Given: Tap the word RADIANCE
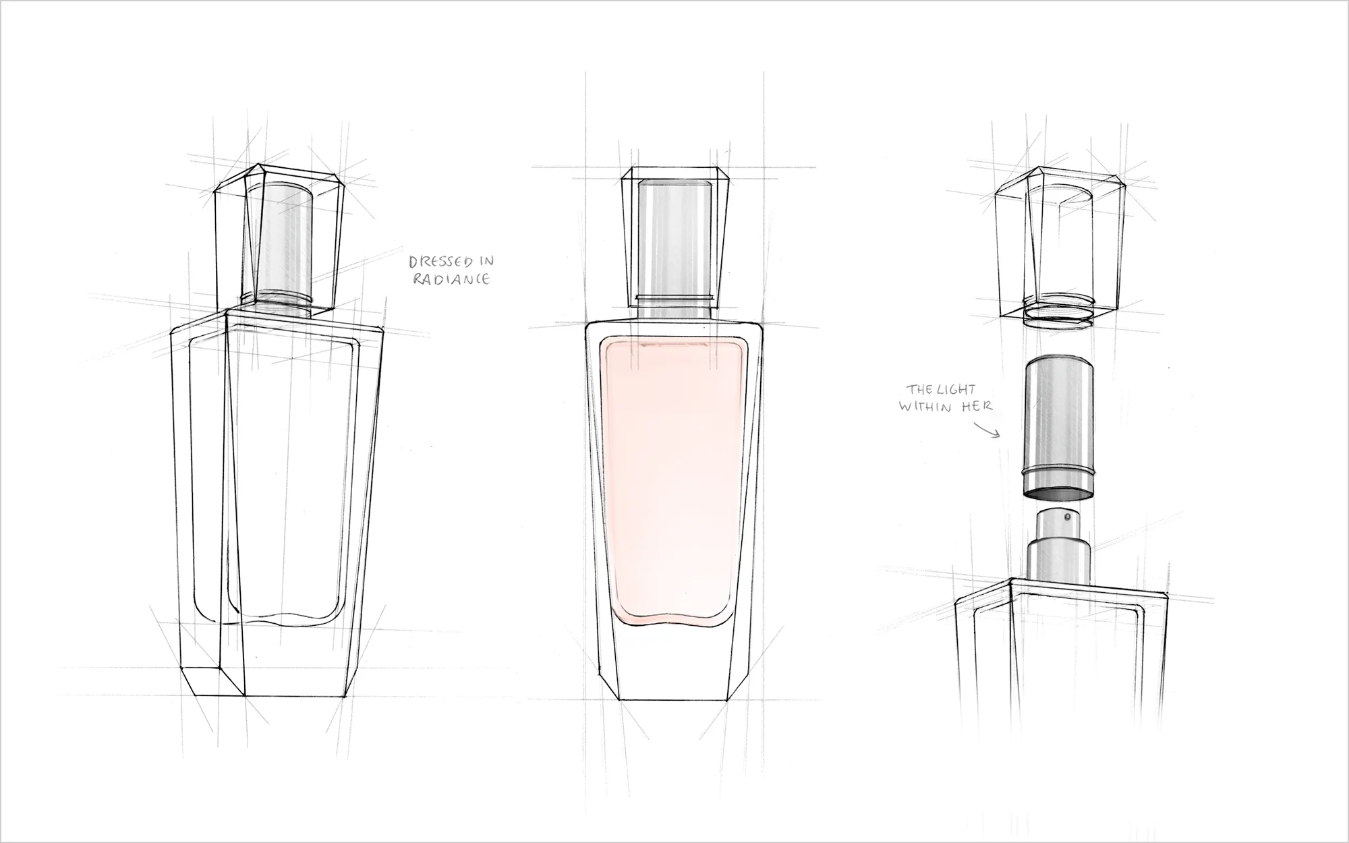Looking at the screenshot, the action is (x=451, y=279).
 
